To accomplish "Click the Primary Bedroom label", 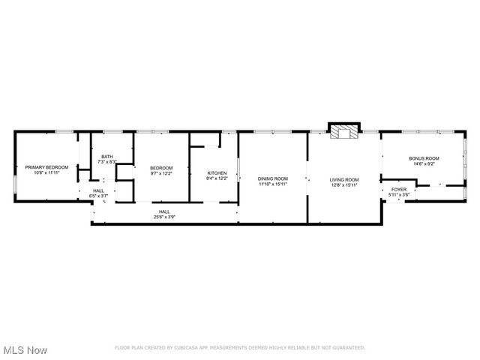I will click(x=46, y=167).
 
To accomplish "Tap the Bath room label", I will click(x=107, y=157).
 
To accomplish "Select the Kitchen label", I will click(x=217, y=173).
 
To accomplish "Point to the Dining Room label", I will click(x=273, y=179).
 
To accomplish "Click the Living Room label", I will click(x=344, y=179).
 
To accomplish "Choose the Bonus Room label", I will click(x=424, y=158).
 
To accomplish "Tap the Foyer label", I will click(x=398, y=190).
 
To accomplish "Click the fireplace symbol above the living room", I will click(x=346, y=132).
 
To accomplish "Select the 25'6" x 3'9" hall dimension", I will click(x=164, y=217).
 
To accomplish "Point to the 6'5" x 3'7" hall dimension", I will click(x=99, y=196).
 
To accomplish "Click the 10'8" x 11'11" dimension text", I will click(x=46, y=172).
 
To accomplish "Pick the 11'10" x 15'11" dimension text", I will click(x=273, y=184).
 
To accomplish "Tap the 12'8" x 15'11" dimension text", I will click(x=344, y=184).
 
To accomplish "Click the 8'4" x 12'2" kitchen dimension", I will click(x=217, y=178).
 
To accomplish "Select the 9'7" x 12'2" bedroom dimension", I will click(x=161, y=172).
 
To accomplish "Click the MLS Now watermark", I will click(x=25, y=350).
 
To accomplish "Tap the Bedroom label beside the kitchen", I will click(x=161, y=167).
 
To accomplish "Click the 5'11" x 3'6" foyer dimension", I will click(x=398, y=195).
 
